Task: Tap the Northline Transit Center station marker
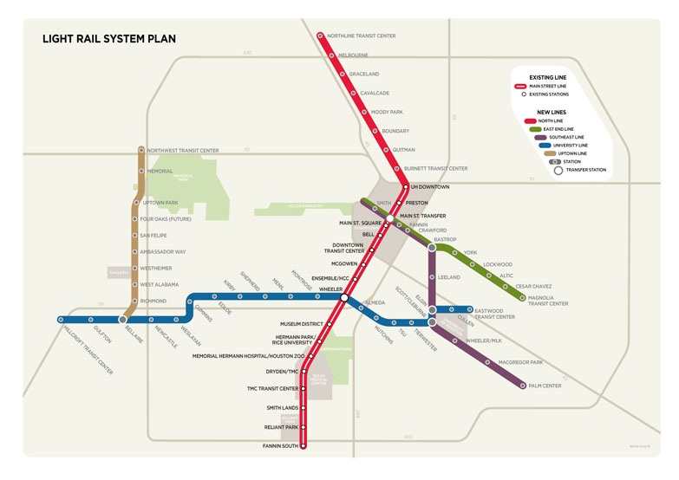[320, 36]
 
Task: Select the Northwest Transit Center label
[183, 150]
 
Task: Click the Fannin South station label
[280, 445]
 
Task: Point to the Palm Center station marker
[523, 386]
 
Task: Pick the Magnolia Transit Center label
[548, 300]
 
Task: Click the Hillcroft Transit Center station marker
[60, 320]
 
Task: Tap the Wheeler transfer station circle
[344, 297]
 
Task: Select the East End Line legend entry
[561, 128]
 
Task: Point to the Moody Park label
[387, 112]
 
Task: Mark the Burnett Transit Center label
[435, 168]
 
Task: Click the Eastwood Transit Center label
[494, 313]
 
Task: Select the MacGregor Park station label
[519, 361]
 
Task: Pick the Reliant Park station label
[281, 427]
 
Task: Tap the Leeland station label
[449, 277]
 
